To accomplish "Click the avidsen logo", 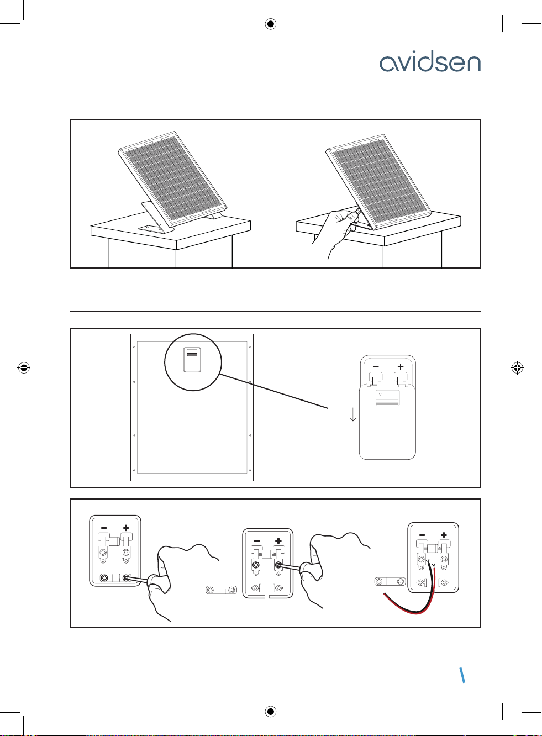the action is coord(429,63).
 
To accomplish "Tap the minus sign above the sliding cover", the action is coord(376,366).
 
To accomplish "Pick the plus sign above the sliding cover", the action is coord(401,366).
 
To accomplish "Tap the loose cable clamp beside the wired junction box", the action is coord(390,581).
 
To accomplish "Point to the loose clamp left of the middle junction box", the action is coord(221,590).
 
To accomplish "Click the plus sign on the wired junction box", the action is coord(444,535).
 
